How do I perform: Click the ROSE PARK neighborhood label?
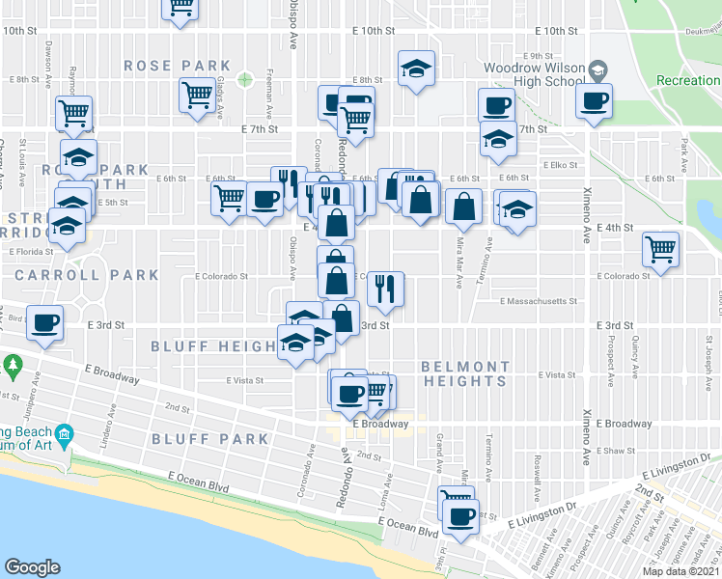pos(163,66)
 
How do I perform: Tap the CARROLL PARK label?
pos(87,275)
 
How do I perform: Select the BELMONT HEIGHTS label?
pos(465,373)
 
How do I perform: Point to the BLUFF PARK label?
pos(210,439)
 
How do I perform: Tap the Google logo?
pos(32,567)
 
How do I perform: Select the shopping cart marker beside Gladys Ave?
pos(197,96)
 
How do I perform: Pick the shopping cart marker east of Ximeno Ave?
pos(661,249)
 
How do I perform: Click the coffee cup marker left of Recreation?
pos(594,99)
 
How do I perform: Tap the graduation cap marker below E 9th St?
pos(416,69)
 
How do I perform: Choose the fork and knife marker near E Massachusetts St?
pos(385,288)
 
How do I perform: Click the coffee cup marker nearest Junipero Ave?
pos(44,322)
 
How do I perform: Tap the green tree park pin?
pos(13,366)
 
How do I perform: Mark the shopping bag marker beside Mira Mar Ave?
pos(464,206)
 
